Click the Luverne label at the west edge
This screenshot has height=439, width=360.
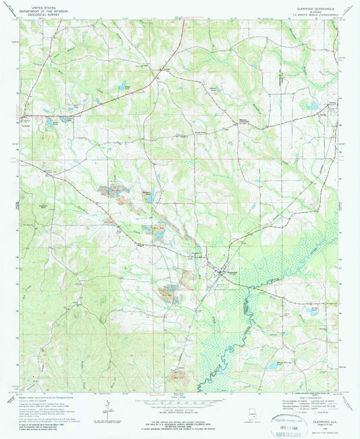click(x=25, y=124)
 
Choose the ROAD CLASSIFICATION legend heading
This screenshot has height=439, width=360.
click(x=311, y=394)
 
